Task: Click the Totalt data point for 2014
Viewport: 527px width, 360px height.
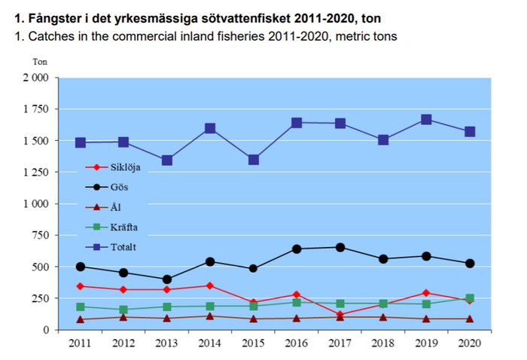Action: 210,129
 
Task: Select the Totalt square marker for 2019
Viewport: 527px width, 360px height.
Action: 426,120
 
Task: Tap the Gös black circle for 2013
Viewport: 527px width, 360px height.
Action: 167,279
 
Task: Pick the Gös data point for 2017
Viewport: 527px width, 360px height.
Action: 340,247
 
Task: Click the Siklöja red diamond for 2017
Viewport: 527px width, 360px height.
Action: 340,315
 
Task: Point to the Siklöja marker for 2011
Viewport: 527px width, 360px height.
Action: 80,286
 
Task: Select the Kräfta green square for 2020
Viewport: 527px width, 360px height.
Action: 470,298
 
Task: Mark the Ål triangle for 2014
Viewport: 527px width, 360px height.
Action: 210,316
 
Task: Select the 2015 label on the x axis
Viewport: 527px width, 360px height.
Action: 254,344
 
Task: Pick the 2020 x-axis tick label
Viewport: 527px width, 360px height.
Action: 470,344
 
